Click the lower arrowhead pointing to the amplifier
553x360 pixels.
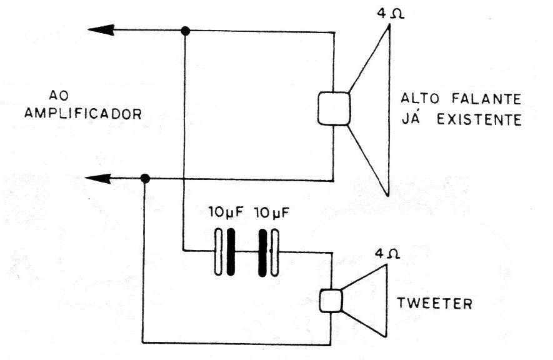tap(98, 178)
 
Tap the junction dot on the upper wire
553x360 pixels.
tap(185, 31)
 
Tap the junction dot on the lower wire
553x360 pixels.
tap(145, 178)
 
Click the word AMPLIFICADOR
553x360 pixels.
tap(83, 114)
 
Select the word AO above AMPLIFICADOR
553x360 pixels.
tap(59, 95)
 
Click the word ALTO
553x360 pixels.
tap(421, 98)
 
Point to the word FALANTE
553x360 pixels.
tap(486, 98)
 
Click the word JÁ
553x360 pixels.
tap(412, 119)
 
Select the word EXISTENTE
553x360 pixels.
tap(479, 120)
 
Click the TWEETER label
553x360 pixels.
tap(435, 303)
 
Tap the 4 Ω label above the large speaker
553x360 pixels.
tap(391, 13)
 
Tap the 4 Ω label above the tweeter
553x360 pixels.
tap(387, 254)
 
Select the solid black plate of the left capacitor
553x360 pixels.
tap(231, 252)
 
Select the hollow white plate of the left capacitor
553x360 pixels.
tap(219, 252)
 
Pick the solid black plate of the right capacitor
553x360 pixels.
tap(262, 252)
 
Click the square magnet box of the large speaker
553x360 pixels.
tap(334, 109)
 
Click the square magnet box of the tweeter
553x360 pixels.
tap(331, 301)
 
